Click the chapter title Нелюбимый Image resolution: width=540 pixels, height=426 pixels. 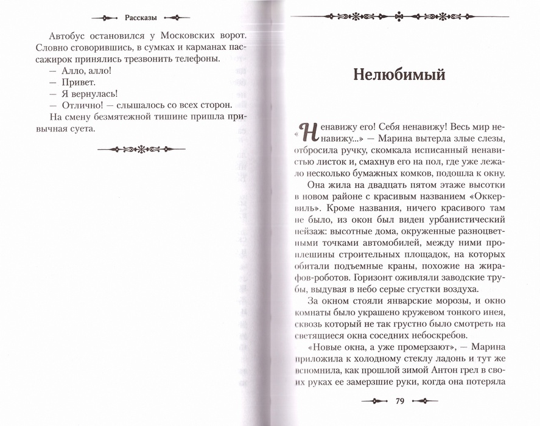pos(399,75)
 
